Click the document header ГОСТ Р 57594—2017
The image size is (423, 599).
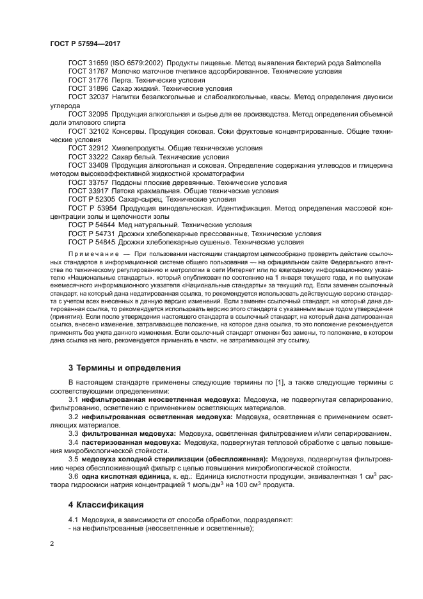coord(85,44)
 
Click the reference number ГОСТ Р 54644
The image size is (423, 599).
coord(92,225)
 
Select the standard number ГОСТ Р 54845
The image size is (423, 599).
coord(92,242)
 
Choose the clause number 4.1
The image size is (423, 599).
coord(73,520)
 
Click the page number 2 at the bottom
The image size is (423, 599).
coord(52,544)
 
